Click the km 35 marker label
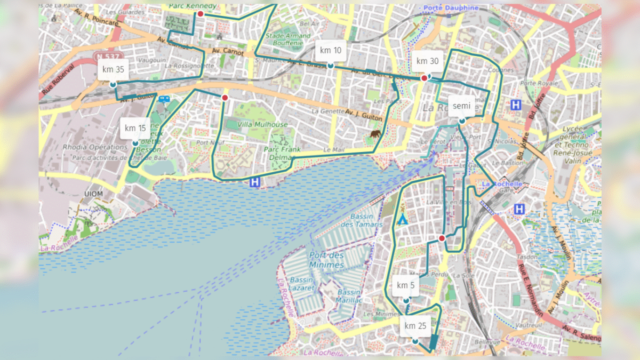point(113,69)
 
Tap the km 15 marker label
point(135,128)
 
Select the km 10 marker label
point(331,51)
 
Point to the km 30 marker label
point(427,61)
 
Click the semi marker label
point(461,106)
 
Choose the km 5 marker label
point(406,285)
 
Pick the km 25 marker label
point(415,326)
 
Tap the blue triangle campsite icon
point(403,219)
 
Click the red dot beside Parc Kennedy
point(201,14)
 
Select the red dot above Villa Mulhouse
point(225,98)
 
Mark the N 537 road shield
point(107,55)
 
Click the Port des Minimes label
point(326,261)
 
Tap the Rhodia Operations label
point(87,147)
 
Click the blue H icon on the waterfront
point(255,182)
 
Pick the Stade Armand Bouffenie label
point(288,39)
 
